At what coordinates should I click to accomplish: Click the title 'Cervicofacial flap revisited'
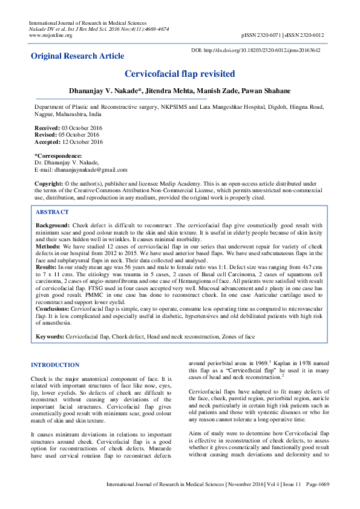[180, 74]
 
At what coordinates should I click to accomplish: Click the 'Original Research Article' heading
[77, 56]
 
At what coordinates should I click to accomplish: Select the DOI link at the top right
[264, 50]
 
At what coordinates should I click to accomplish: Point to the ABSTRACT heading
[52, 212]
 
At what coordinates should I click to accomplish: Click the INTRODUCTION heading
[55, 365]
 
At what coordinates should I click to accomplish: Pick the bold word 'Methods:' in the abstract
[48, 247]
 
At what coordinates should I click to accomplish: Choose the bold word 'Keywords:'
[50, 336]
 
